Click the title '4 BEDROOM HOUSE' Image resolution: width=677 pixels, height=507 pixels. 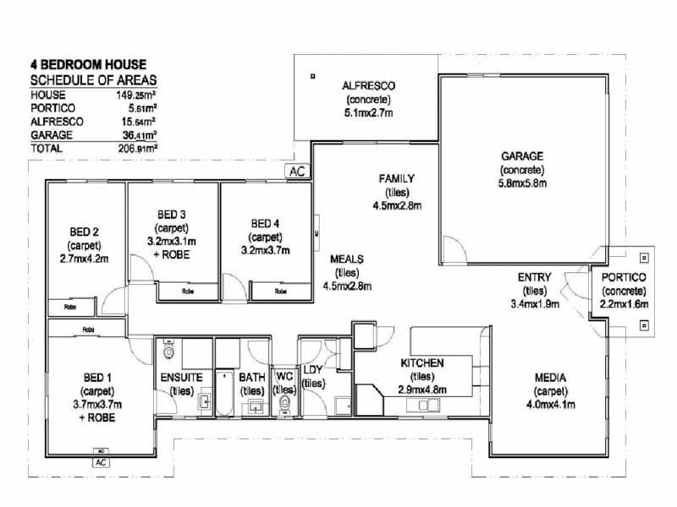pyautogui.click(x=88, y=64)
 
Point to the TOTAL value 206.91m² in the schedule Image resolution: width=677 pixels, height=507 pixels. pyautogui.click(x=138, y=147)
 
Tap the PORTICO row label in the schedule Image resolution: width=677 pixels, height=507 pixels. pyautogui.click(x=53, y=108)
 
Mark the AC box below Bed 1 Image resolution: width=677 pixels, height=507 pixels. pyautogui.click(x=101, y=462)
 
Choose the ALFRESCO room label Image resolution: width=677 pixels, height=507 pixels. pyautogui.click(x=369, y=86)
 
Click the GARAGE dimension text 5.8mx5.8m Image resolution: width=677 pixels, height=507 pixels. pyautogui.click(x=522, y=183)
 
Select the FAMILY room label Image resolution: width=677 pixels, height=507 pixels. pyautogui.click(x=396, y=178)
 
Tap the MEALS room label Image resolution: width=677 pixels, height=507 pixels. pyautogui.click(x=348, y=259)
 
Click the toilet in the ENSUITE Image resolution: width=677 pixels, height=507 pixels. pyautogui.click(x=168, y=351)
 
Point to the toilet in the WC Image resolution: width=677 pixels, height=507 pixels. pyautogui.click(x=285, y=405)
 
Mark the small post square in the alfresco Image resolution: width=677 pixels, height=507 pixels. pyautogui.click(x=312, y=77)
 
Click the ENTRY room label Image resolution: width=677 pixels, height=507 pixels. pyautogui.click(x=535, y=276)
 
